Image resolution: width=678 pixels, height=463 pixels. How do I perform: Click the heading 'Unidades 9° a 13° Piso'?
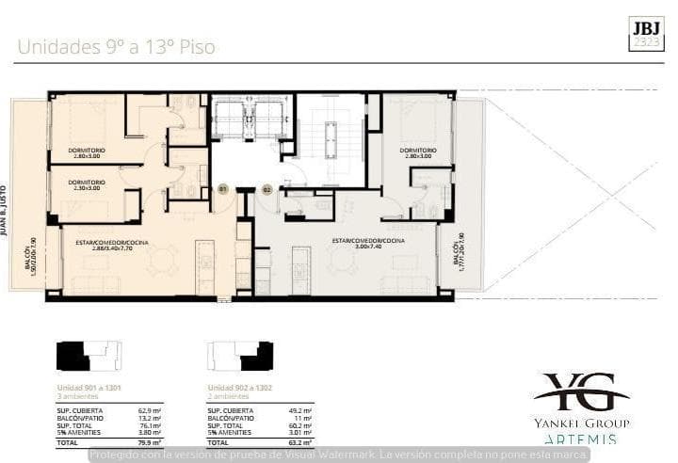[116, 44]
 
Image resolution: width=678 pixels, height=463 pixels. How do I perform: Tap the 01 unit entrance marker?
[223, 189]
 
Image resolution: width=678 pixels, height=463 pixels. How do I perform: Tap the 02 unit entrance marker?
[266, 189]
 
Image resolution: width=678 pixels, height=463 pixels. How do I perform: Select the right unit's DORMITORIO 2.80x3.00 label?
[416, 152]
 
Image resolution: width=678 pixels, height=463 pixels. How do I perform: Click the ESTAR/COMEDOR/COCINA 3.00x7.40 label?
[367, 243]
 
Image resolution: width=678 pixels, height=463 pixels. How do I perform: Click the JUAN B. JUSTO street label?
[5, 209]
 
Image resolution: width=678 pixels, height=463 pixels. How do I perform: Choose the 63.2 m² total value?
[299, 441]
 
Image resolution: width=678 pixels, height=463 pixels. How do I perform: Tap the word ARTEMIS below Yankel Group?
[580, 439]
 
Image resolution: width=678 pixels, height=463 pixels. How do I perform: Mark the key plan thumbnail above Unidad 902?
[239, 356]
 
